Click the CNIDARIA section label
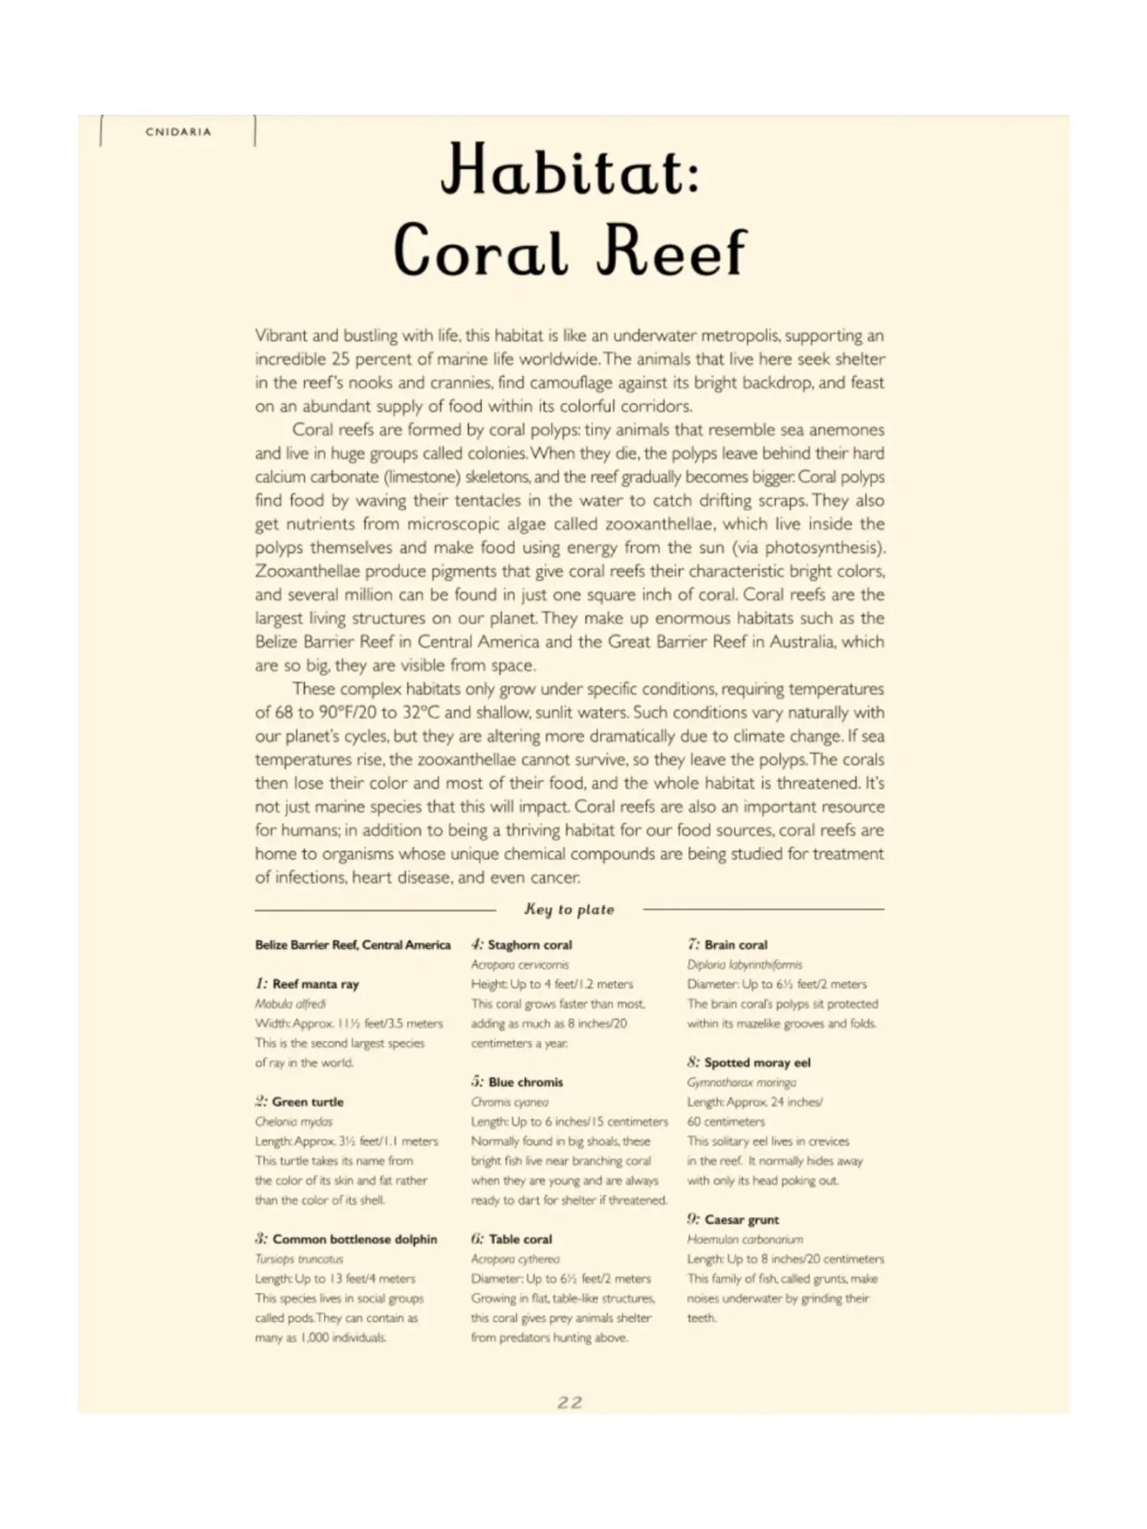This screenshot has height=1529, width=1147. click(179, 132)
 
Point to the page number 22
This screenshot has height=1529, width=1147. click(570, 1402)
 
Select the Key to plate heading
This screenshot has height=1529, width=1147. click(569, 909)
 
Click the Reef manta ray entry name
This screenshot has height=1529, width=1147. click(315, 984)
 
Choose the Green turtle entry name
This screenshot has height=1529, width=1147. click(308, 1101)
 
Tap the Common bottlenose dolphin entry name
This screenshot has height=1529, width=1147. click(354, 1239)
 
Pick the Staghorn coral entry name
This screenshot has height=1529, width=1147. click(529, 944)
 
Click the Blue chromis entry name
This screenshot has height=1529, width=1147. click(525, 1081)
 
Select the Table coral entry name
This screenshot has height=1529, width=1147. click(520, 1239)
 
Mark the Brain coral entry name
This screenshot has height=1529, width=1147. click(736, 944)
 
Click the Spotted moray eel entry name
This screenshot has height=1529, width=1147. click(757, 1062)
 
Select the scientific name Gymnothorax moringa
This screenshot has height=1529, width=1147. click(741, 1082)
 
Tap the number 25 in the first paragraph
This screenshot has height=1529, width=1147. click(341, 359)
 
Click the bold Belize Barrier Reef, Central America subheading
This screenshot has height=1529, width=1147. click(352, 944)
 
